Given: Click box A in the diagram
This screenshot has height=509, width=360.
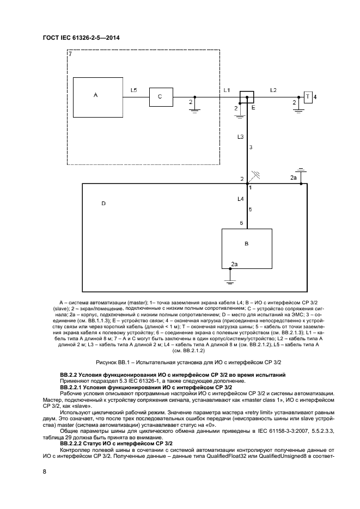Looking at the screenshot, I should [96, 96].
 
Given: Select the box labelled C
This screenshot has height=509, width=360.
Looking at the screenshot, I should [160, 96].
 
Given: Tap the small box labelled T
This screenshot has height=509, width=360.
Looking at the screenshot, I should [308, 96].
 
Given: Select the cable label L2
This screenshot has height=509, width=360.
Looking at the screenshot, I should [273, 89].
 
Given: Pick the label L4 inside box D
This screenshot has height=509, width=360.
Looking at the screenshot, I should [241, 199].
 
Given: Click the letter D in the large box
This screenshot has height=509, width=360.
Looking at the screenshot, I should [103, 204].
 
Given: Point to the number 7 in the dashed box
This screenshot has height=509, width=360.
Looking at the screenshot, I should [69, 55].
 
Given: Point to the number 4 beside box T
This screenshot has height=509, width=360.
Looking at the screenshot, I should [315, 96].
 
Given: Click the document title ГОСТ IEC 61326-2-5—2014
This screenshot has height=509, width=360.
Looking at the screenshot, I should [81, 38].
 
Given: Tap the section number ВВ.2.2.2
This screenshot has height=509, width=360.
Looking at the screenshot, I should [74, 429].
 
